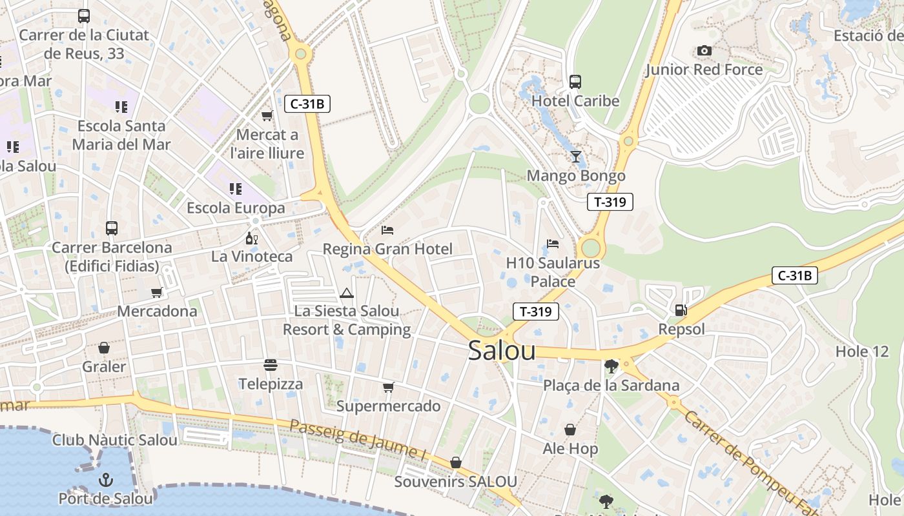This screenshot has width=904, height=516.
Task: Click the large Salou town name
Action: click(x=502, y=351)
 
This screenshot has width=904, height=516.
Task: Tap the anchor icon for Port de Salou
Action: click(x=105, y=481)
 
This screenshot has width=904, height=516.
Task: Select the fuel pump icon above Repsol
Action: click(x=681, y=310)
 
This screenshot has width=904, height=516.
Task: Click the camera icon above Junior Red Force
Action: click(x=704, y=50)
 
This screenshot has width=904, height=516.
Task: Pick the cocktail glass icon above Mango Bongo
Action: click(x=575, y=157)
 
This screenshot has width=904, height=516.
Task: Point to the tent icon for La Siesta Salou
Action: click(x=347, y=293)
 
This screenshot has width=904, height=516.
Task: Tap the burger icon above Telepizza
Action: click(x=270, y=366)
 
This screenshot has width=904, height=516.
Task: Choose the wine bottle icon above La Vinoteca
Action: click(x=251, y=239)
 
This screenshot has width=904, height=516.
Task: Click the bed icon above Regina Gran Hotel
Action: click(x=387, y=230)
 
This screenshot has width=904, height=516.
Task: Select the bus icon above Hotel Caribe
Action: click(x=575, y=82)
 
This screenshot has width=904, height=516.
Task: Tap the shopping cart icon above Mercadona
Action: click(x=156, y=293)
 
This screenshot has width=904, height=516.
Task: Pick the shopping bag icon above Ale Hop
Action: click(x=570, y=430)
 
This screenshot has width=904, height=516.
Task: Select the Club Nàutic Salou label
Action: click(x=115, y=441)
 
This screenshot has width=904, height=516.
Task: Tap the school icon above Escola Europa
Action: click(x=236, y=189)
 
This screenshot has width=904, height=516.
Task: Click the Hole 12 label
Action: click(x=862, y=352)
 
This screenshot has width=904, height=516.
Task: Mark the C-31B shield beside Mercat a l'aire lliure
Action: click(x=307, y=103)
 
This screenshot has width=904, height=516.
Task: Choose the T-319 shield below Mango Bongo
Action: click(x=610, y=202)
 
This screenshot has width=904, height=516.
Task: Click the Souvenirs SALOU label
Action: click(x=455, y=482)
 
